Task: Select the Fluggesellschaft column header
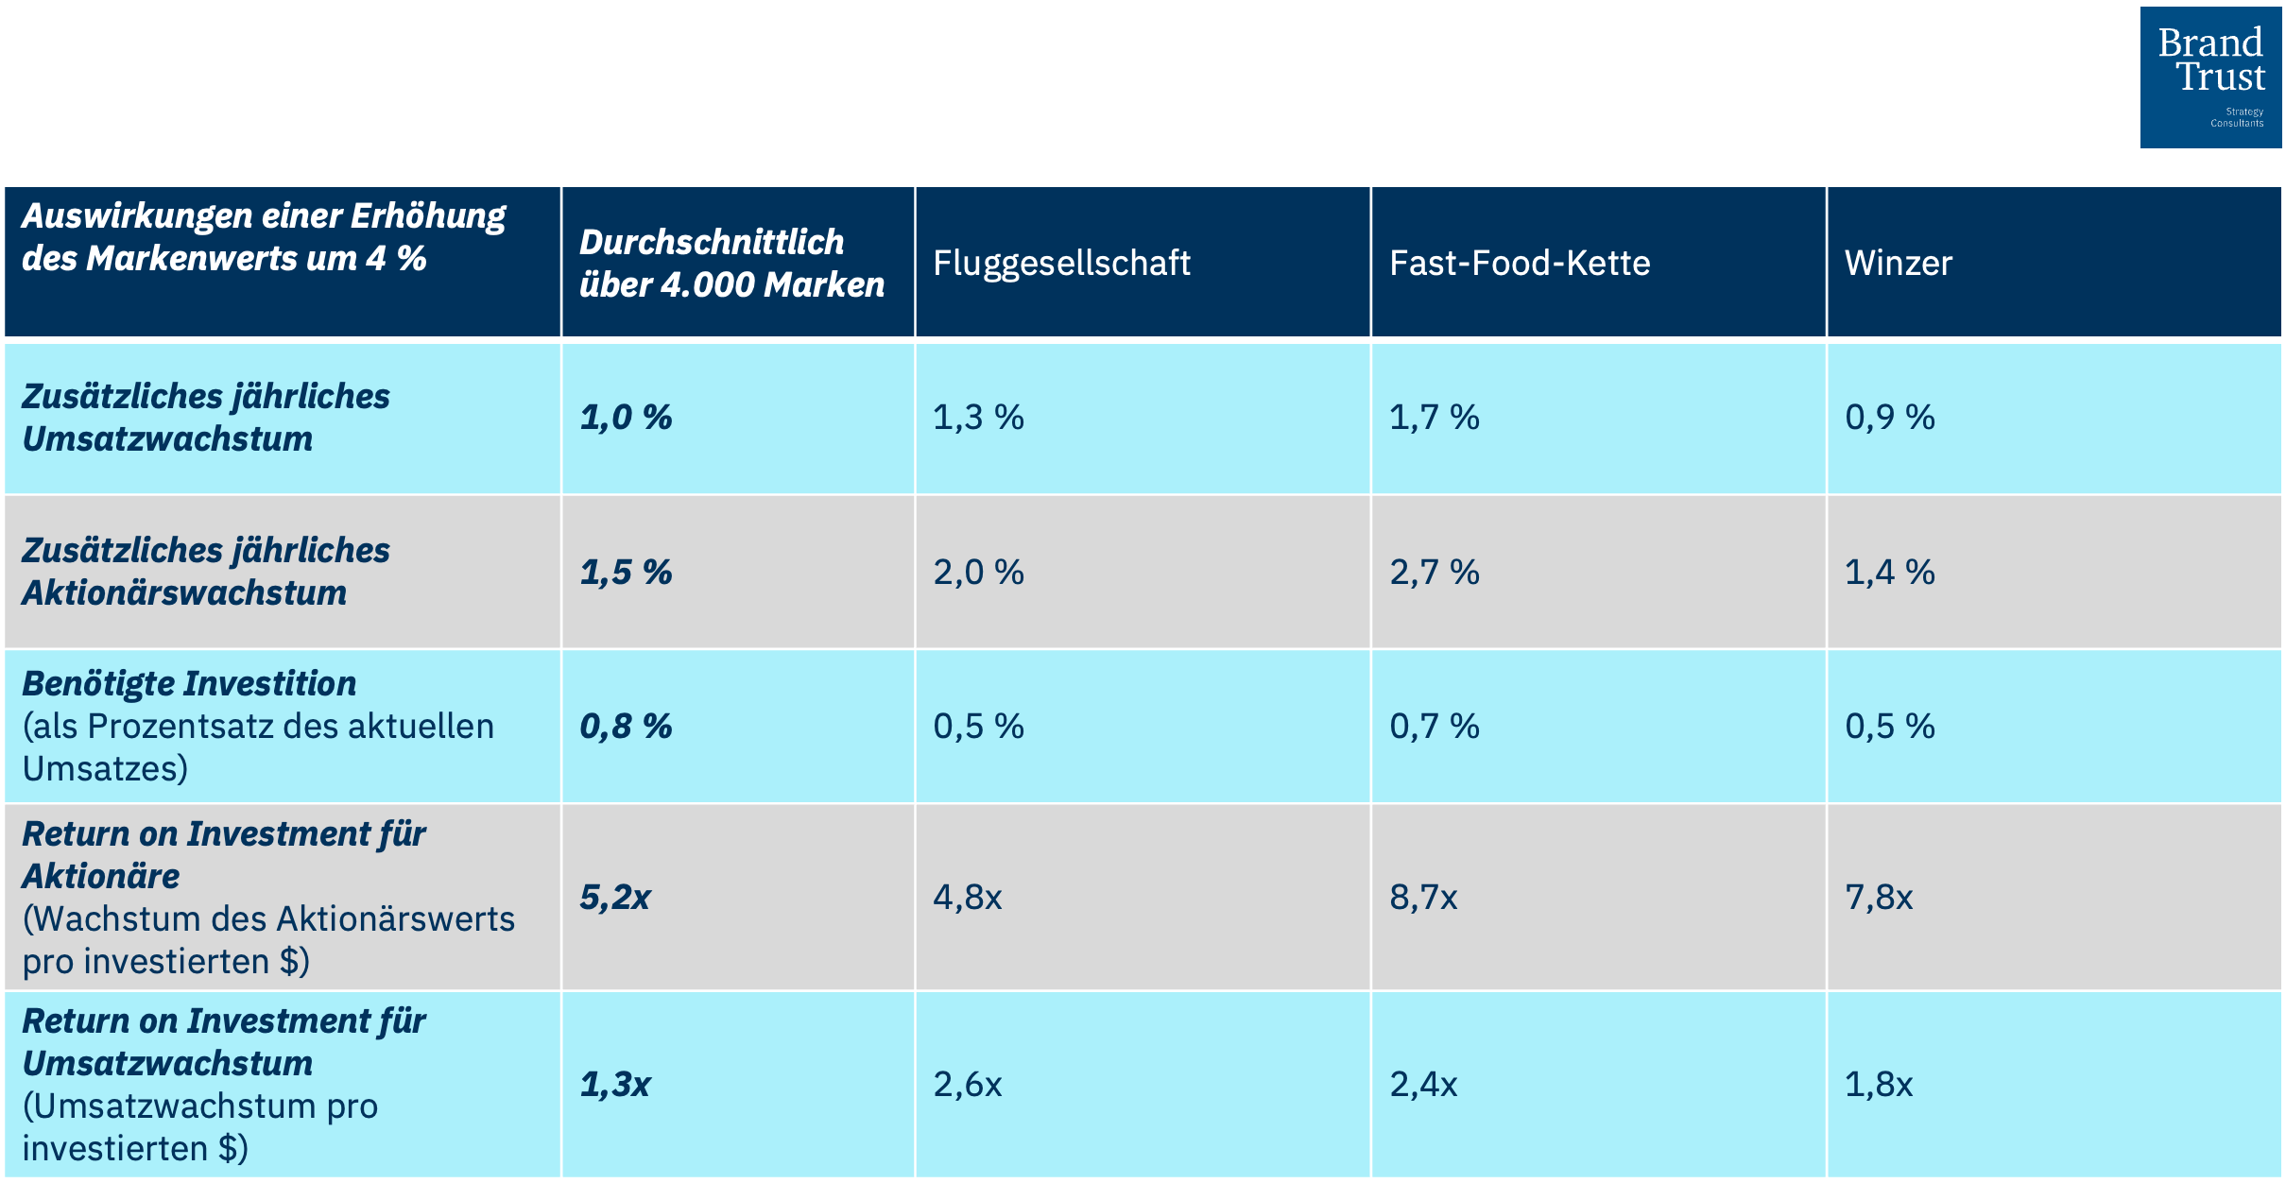(x=1061, y=263)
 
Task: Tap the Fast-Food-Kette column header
(x=1519, y=263)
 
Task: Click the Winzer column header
(x=1898, y=263)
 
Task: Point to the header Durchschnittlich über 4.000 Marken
(x=730, y=263)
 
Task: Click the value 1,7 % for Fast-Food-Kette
(x=1434, y=418)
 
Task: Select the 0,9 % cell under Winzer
(x=1889, y=418)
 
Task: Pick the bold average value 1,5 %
(x=626, y=573)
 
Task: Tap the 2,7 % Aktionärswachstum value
(x=1434, y=573)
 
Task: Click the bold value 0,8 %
(x=626, y=727)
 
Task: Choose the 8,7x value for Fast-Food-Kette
(x=1423, y=897)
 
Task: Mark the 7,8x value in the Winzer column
(x=1879, y=897)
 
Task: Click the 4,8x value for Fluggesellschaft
(x=967, y=897)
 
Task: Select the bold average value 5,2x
(x=615, y=897)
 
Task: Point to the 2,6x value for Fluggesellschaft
(x=967, y=1084)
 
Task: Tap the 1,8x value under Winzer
(x=1879, y=1084)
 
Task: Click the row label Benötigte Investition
(x=189, y=684)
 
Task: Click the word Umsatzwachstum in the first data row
(x=167, y=439)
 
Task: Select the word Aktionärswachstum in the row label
(x=184, y=593)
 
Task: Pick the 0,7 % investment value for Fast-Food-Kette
(x=1434, y=727)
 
